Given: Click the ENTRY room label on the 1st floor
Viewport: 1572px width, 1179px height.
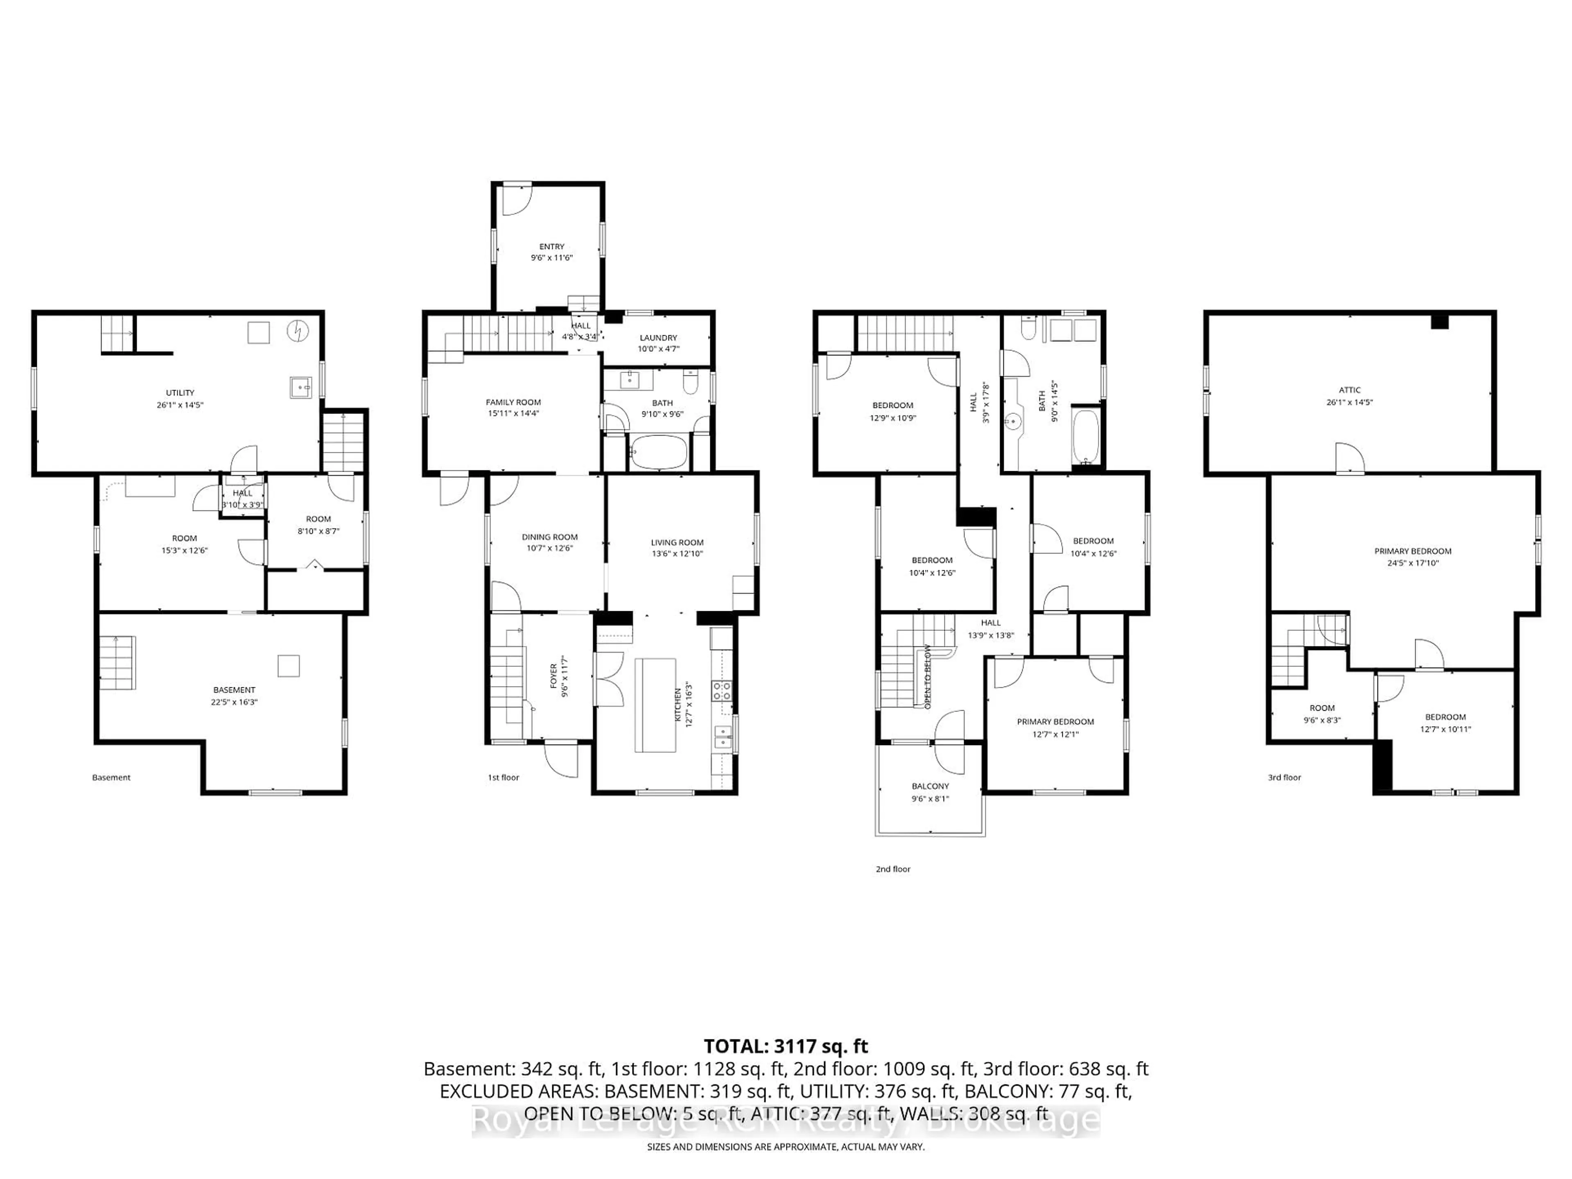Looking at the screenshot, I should [x=551, y=246].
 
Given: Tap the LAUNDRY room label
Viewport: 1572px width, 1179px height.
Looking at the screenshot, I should [x=658, y=338].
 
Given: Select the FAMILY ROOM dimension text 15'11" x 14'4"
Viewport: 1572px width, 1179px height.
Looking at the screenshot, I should [x=513, y=413].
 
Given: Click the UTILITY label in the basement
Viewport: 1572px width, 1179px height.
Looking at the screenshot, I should [x=180, y=392].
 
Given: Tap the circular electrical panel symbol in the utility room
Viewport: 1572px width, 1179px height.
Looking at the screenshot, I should [x=298, y=330].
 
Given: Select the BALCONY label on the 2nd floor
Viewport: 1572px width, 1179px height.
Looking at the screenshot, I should [x=930, y=786].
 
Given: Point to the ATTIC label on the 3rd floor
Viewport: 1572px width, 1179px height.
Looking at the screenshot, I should [x=1350, y=389].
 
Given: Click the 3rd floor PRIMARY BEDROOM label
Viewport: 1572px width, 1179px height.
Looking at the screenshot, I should [x=1412, y=551].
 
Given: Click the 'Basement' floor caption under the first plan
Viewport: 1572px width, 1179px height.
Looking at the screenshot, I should [x=112, y=777].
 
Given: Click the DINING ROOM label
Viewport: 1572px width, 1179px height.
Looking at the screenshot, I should [x=549, y=537].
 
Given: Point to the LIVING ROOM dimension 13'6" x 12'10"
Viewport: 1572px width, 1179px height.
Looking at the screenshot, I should [x=677, y=553].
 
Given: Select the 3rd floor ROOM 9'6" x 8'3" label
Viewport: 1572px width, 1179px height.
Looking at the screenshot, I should [x=1322, y=708].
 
